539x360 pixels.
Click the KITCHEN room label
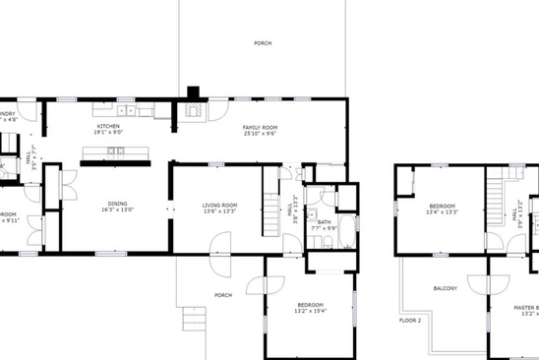pyautogui.click(x=108, y=126)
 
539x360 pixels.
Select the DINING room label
pyautogui.click(x=117, y=202)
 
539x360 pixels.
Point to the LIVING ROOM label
pyautogui.click(x=207, y=205)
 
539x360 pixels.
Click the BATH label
pyautogui.click(x=325, y=221)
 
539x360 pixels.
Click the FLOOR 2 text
pyautogui.click(x=409, y=321)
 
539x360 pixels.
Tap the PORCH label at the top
pyautogui.click(x=263, y=43)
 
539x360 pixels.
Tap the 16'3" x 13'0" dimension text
pyautogui.click(x=117, y=209)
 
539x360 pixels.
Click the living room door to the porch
pyautogui.click(x=218, y=244)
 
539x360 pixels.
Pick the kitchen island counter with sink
pyautogui.click(x=116, y=151)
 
